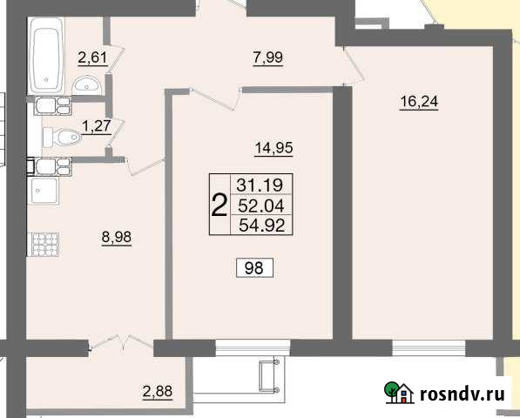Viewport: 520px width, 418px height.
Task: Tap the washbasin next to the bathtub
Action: [85, 84]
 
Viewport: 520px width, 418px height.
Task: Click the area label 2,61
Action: [93, 58]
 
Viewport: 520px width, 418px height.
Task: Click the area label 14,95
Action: [274, 147]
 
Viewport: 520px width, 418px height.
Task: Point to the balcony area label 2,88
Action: [157, 391]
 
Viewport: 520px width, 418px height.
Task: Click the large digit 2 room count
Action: [219, 205]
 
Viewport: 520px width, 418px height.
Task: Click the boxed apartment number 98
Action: [255, 267]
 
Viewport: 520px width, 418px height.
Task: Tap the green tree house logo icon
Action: [398, 394]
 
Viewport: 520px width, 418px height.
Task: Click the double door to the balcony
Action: [122, 342]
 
